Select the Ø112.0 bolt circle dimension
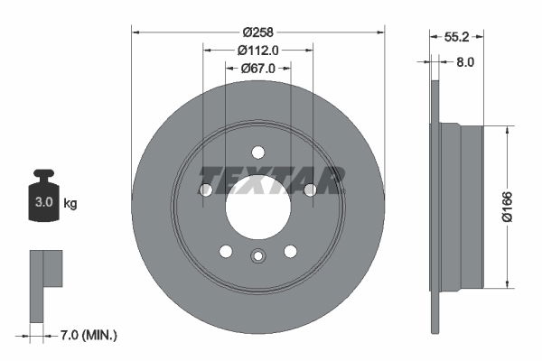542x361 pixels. tap(257, 51)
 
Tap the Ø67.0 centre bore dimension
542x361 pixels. tap(257, 68)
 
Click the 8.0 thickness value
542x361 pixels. tap(465, 62)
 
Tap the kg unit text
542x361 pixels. tap(70, 204)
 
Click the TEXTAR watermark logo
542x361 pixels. tap(272, 180)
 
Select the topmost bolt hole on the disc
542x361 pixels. tap(257, 152)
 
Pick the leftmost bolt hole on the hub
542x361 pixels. tap(205, 190)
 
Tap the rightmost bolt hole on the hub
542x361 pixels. tap(310, 190)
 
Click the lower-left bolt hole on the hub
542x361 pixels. tap(226, 251)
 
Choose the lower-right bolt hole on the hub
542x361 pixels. tap(290, 251)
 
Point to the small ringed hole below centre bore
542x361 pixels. tap(257, 257)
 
